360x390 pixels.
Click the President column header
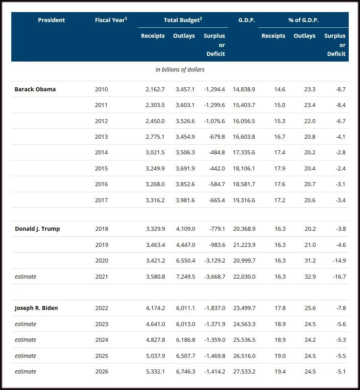click(x=51, y=20)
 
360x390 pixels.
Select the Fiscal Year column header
click(x=111, y=20)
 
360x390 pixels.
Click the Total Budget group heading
click(x=183, y=20)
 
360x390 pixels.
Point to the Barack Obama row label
click(x=35, y=89)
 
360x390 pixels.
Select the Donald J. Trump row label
click(x=37, y=229)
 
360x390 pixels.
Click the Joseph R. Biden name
click(x=36, y=308)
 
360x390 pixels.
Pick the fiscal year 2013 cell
click(x=101, y=137)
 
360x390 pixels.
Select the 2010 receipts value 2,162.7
click(x=155, y=89)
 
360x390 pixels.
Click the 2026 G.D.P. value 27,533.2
click(x=244, y=372)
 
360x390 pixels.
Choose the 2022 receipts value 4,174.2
click(x=155, y=308)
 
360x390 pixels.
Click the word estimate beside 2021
click(x=25, y=277)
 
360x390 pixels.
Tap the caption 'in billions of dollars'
click(x=180, y=70)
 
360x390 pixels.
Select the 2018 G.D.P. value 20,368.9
click(x=244, y=229)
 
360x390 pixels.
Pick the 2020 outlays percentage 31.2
click(x=310, y=261)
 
